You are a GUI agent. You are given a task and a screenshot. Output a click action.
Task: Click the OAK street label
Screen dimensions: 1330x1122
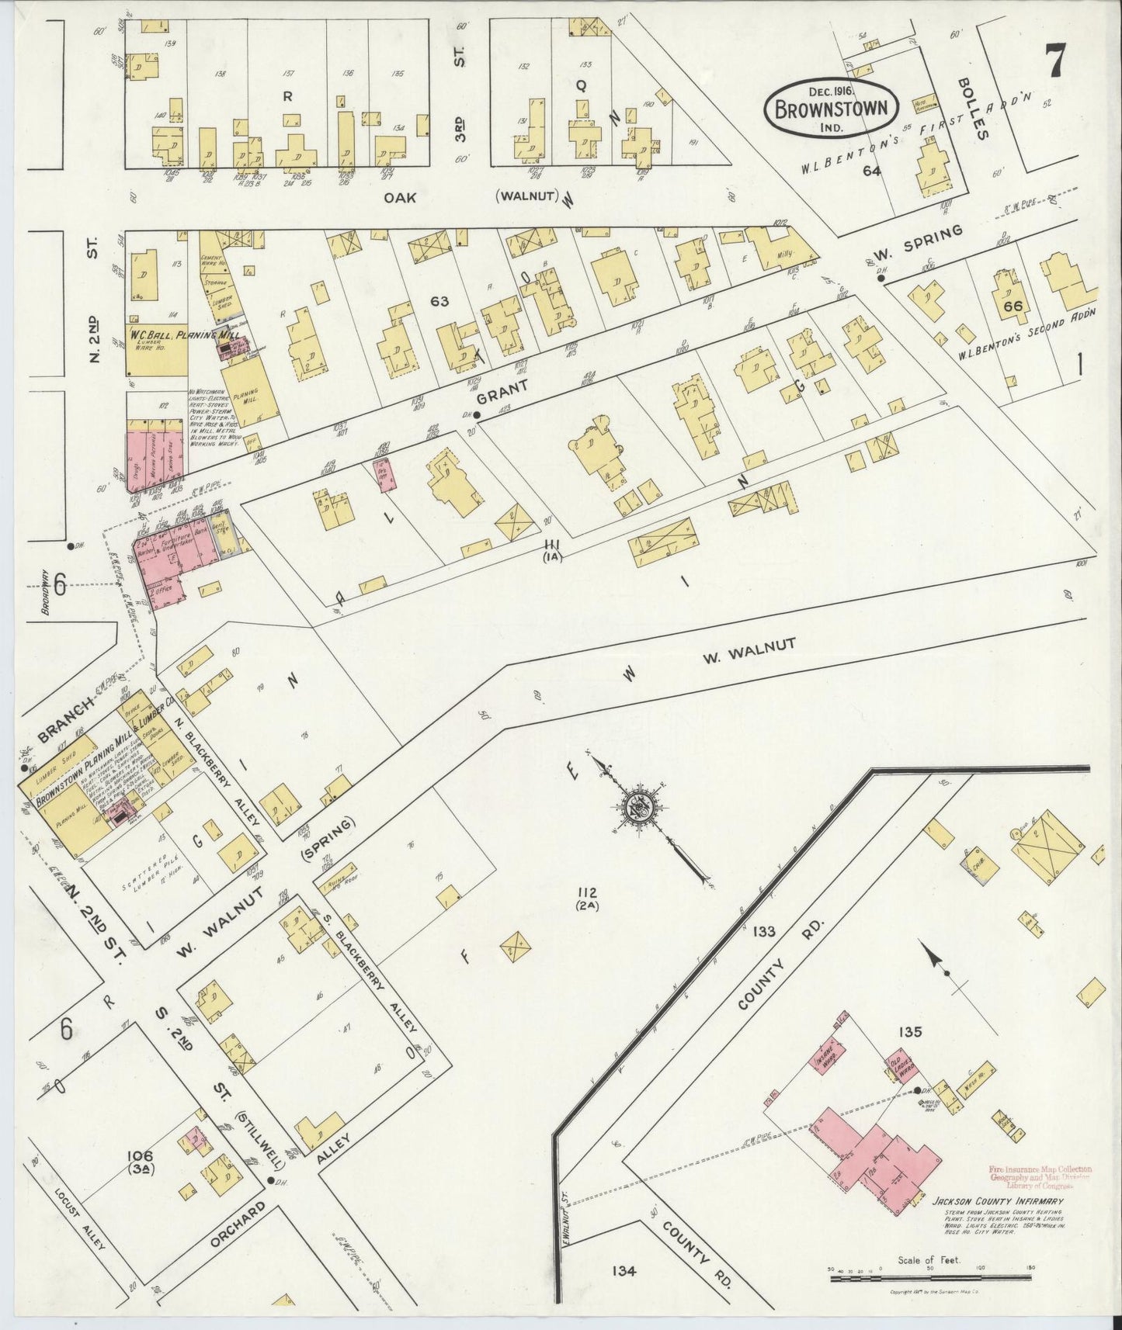tap(401, 198)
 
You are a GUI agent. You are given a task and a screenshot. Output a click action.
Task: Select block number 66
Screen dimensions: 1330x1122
tap(1012, 306)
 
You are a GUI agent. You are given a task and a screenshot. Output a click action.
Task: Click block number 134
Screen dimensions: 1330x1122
tap(624, 1271)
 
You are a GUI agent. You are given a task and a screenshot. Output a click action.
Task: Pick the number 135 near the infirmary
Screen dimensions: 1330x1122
tap(909, 1032)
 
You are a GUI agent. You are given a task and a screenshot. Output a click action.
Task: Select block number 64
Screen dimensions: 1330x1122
tap(871, 171)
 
